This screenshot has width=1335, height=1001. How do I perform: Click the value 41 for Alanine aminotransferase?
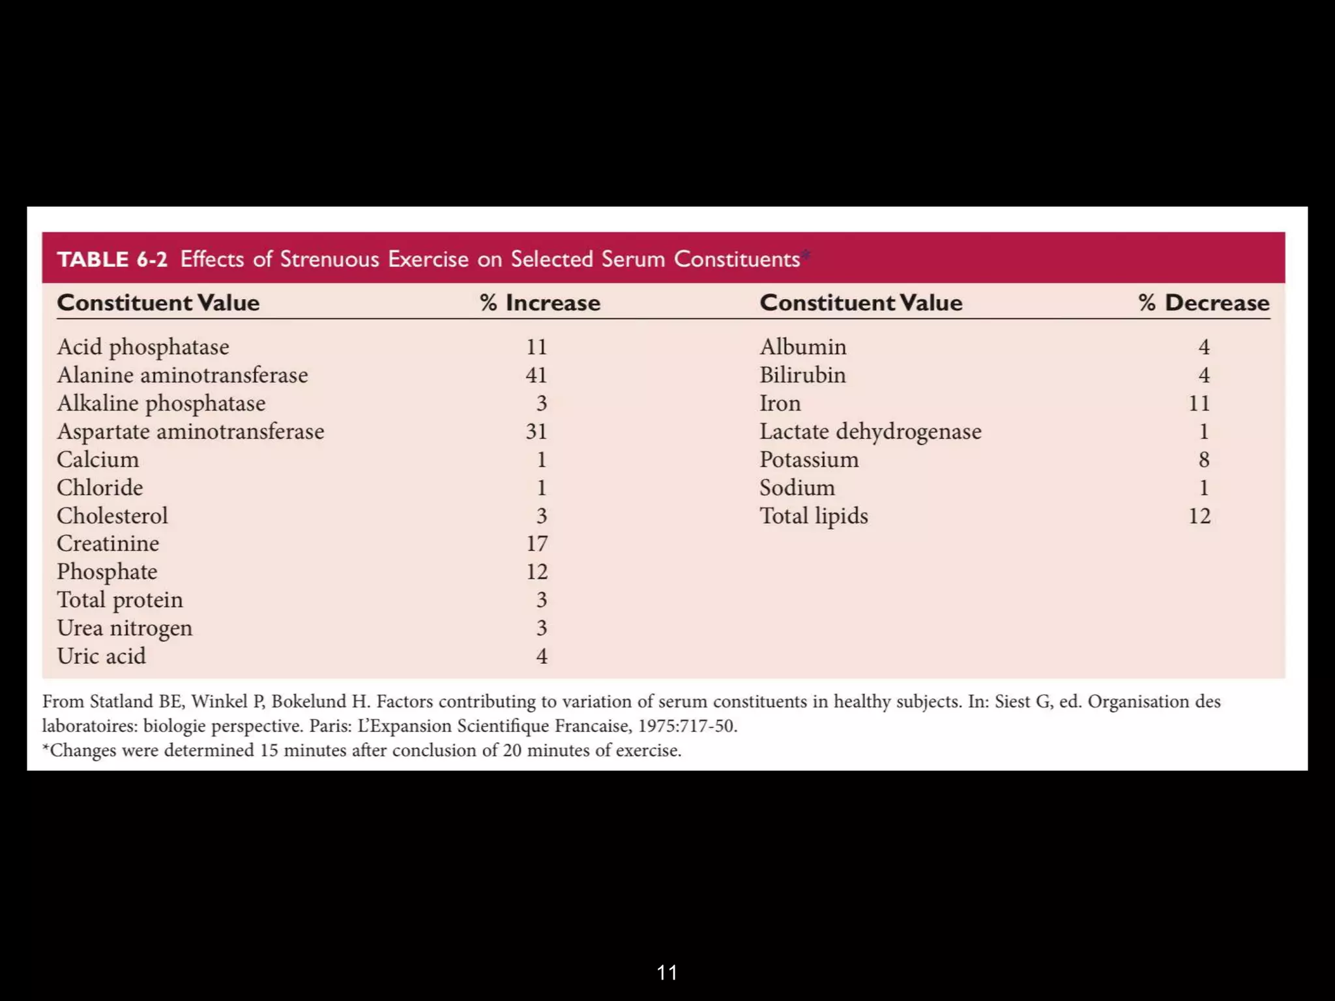536,375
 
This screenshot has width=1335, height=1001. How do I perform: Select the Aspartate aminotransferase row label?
190,431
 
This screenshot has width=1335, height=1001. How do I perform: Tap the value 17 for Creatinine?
537,544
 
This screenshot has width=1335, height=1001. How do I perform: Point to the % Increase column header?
540,303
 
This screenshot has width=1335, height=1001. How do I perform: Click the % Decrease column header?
1204,303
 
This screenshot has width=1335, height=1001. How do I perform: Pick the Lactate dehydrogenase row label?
870,431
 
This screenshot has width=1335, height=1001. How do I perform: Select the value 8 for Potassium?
1203,460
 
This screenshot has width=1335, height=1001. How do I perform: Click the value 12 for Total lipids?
1199,516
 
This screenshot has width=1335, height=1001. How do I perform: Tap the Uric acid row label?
102,656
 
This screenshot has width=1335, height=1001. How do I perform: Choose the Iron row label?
780,403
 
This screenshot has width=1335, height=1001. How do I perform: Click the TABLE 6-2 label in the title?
112,259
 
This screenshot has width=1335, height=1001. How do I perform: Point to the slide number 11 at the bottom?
667,973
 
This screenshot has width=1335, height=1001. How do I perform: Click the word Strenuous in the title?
330,259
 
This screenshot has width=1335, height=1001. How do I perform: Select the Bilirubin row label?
802,375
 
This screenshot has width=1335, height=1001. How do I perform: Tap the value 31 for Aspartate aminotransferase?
536,431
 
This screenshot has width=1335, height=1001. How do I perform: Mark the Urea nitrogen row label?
125,628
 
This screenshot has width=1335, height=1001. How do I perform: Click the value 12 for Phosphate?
537,572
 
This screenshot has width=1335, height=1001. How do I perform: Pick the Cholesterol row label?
112,516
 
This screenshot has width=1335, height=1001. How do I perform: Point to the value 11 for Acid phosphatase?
536,347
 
